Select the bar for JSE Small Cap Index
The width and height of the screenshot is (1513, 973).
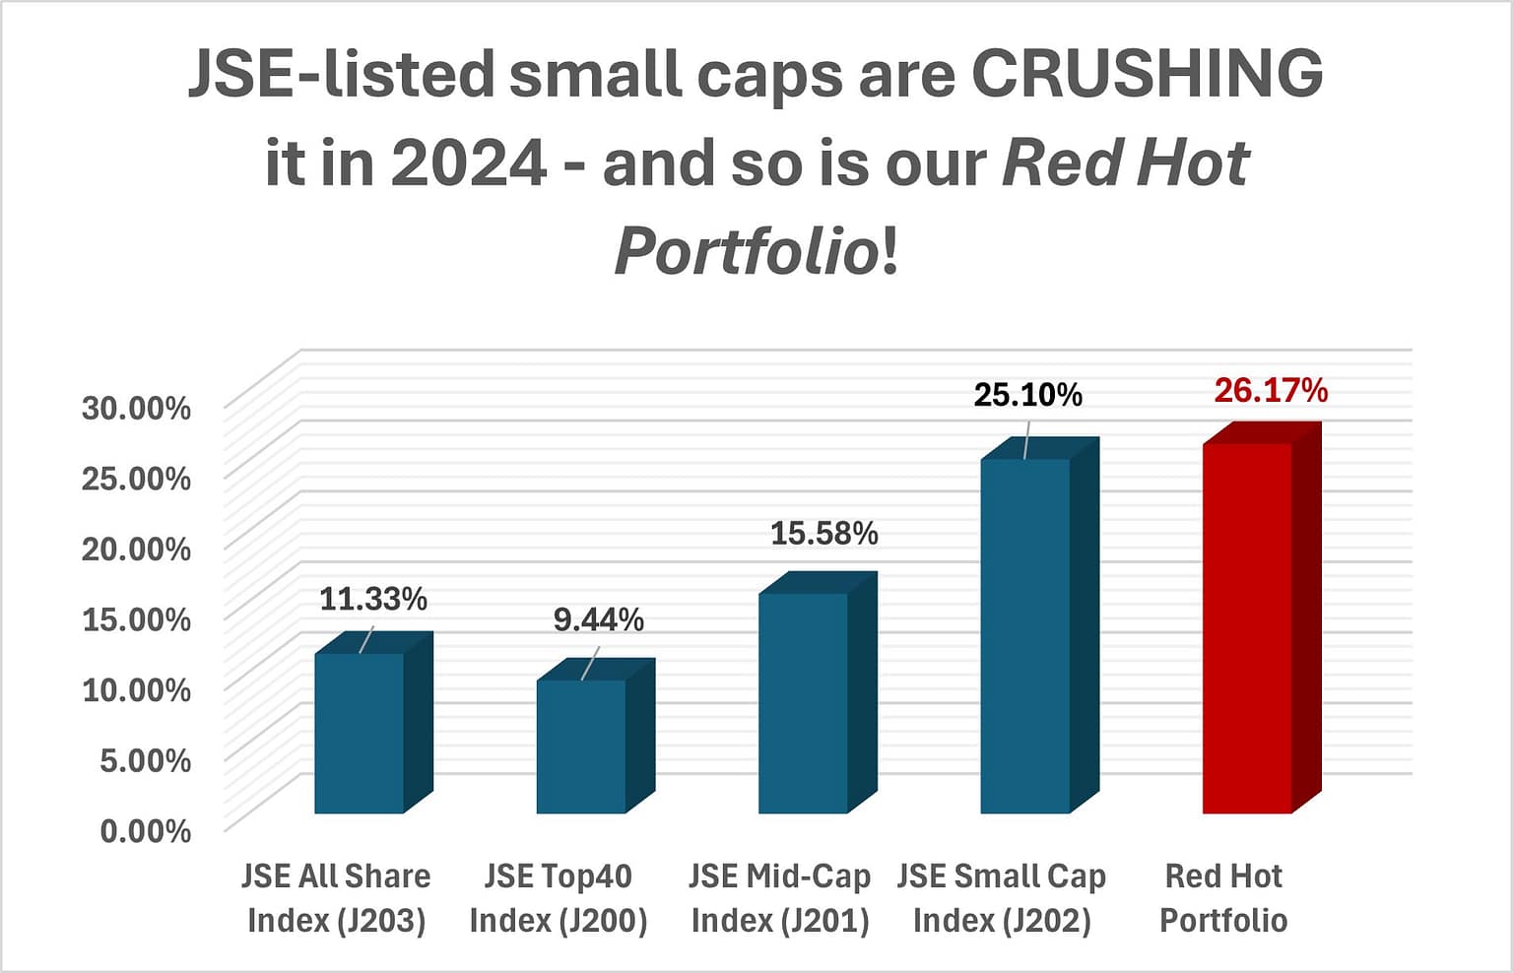(x=1024, y=635)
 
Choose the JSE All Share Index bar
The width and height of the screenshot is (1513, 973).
(x=359, y=733)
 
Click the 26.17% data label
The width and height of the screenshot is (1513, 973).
(x=1270, y=391)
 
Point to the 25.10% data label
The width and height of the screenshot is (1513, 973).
(x=1027, y=395)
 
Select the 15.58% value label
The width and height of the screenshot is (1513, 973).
(x=823, y=534)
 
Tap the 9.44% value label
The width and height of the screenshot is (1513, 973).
(x=598, y=619)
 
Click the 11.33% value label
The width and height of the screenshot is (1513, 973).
(x=372, y=599)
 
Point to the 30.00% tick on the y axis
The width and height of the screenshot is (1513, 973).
(x=136, y=408)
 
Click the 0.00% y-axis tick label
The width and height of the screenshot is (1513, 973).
(x=145, y=831)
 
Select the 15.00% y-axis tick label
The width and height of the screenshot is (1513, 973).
(x=136, y=619)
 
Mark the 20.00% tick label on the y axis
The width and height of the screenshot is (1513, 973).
(x=136, y=549)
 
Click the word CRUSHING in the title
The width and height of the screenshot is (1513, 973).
(x=1148, y=75)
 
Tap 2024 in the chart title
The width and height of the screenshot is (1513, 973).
(x=469, y=163)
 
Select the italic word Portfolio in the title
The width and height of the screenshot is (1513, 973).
(x=746, y=251)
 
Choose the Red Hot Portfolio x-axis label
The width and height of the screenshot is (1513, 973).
(x=1223, y=898)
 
